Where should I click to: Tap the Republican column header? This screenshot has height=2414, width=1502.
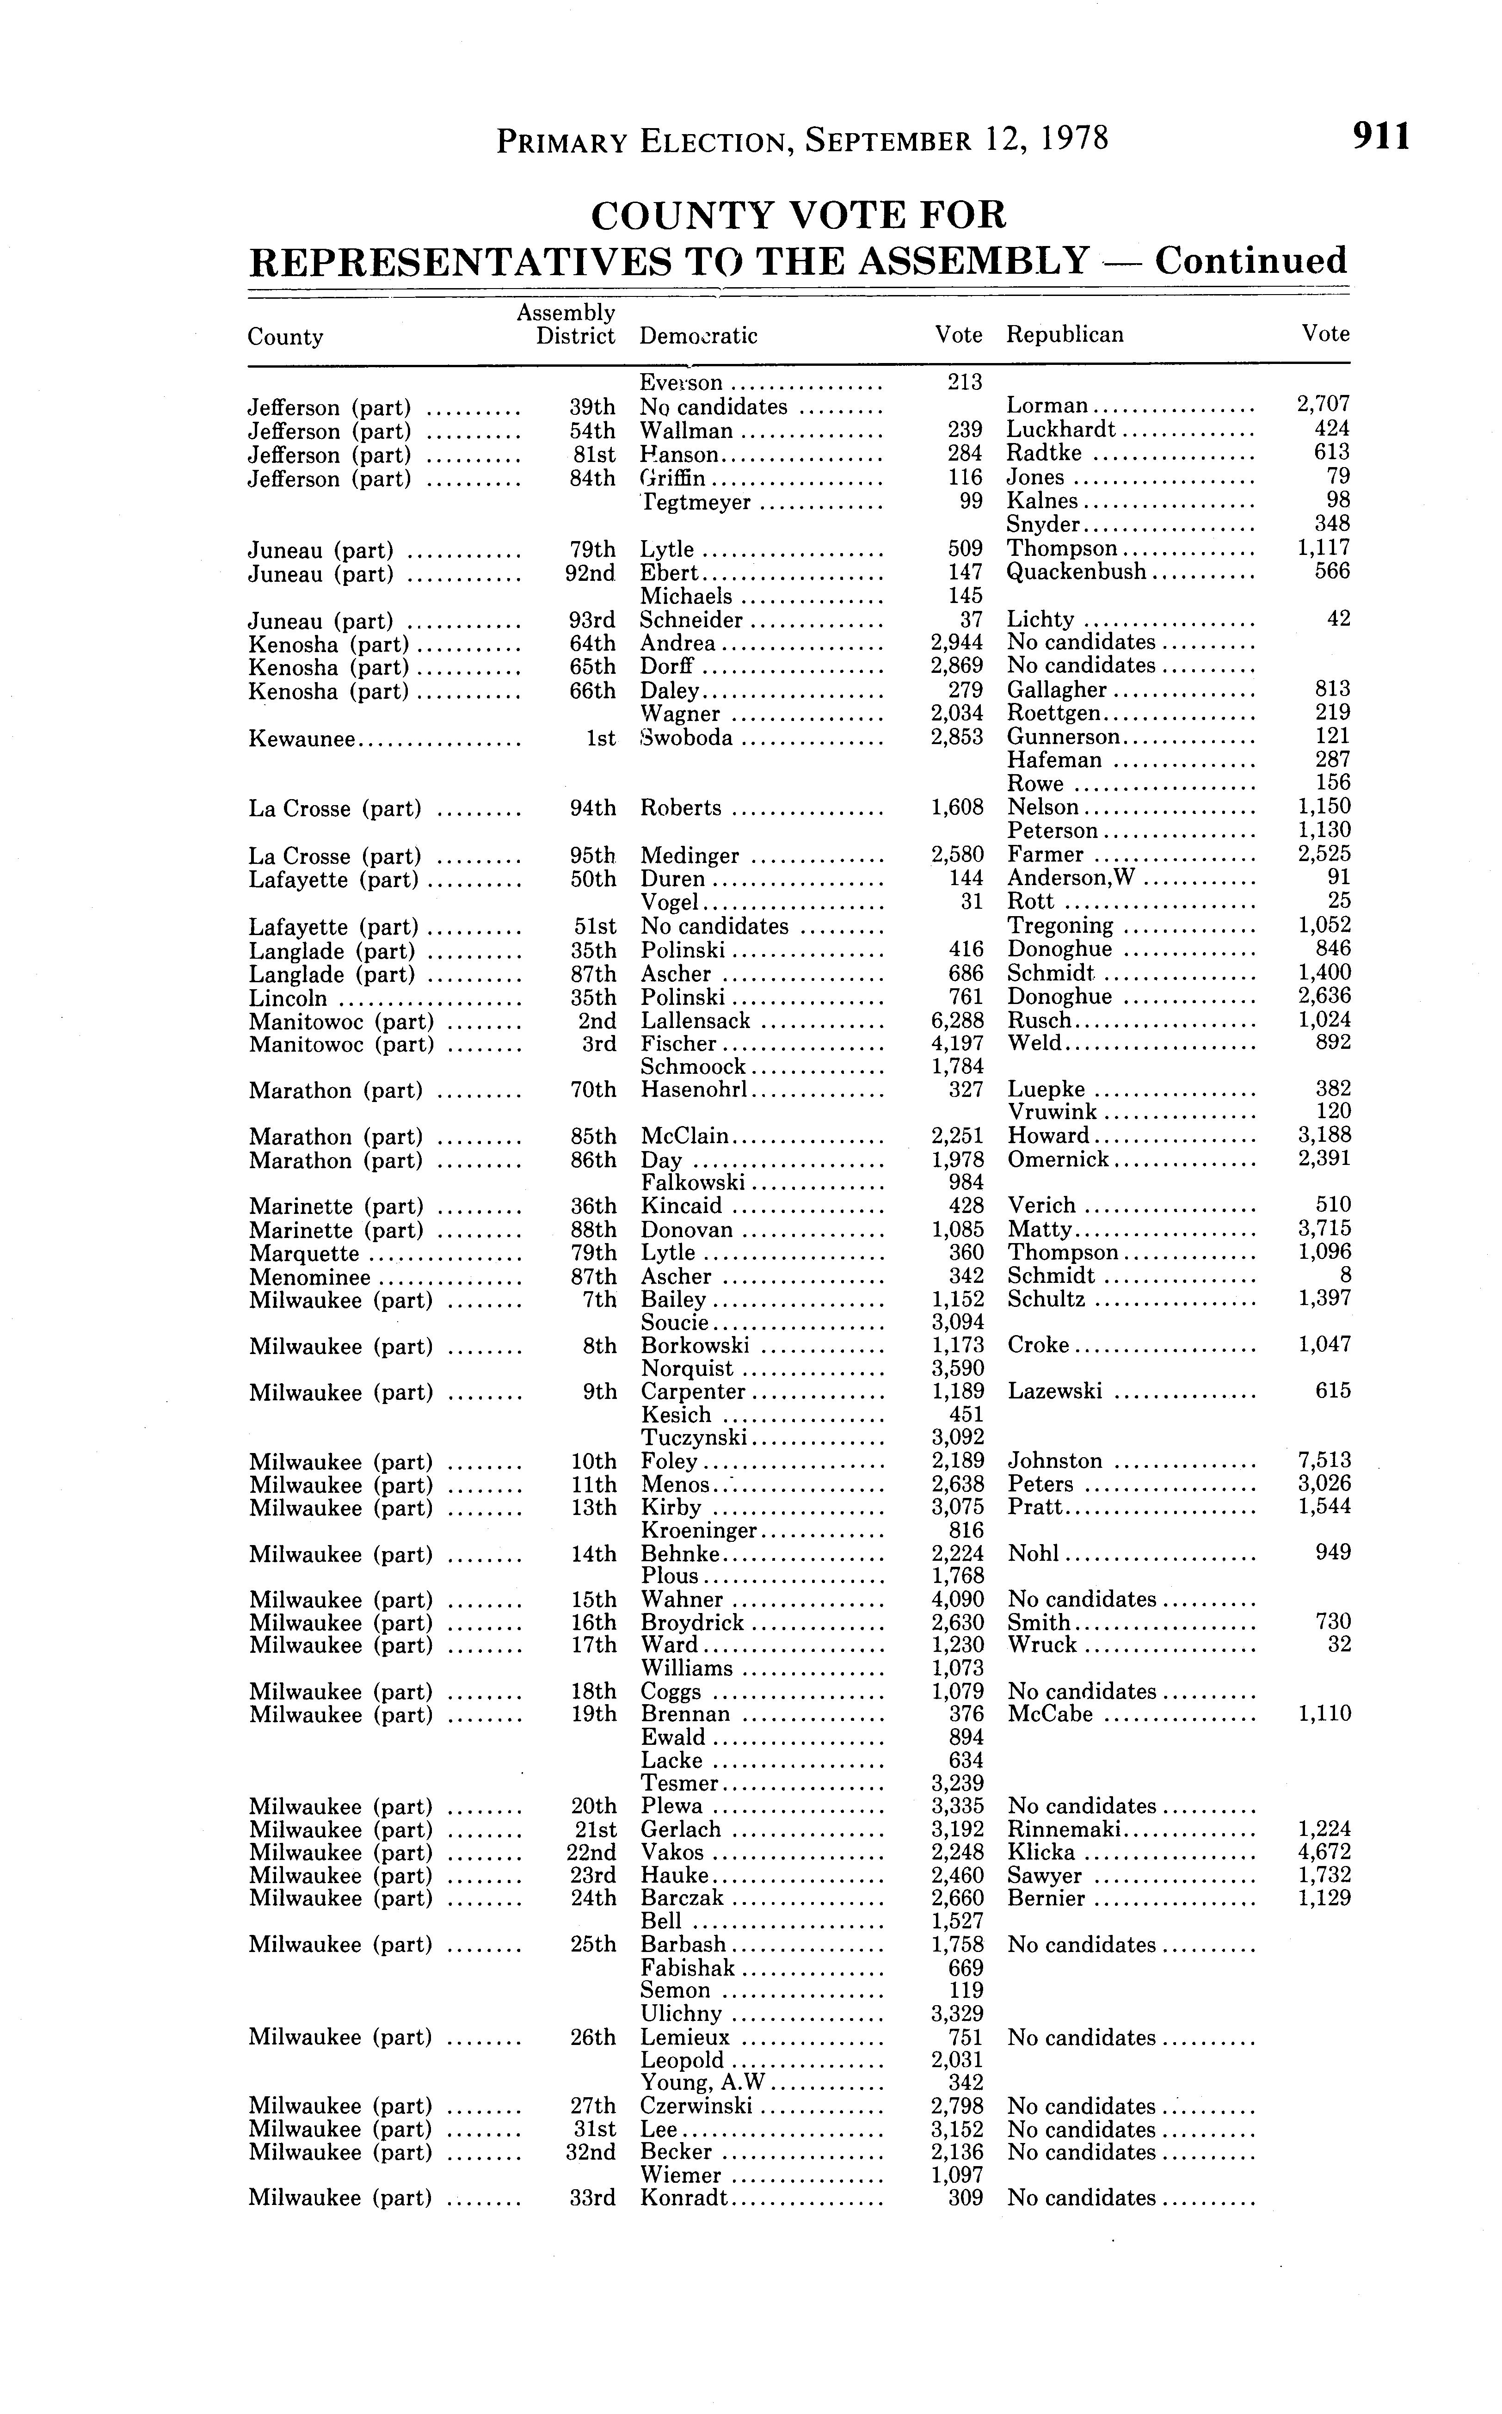(1065, 335)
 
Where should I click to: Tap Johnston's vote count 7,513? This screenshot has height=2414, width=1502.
(1325, 1460)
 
